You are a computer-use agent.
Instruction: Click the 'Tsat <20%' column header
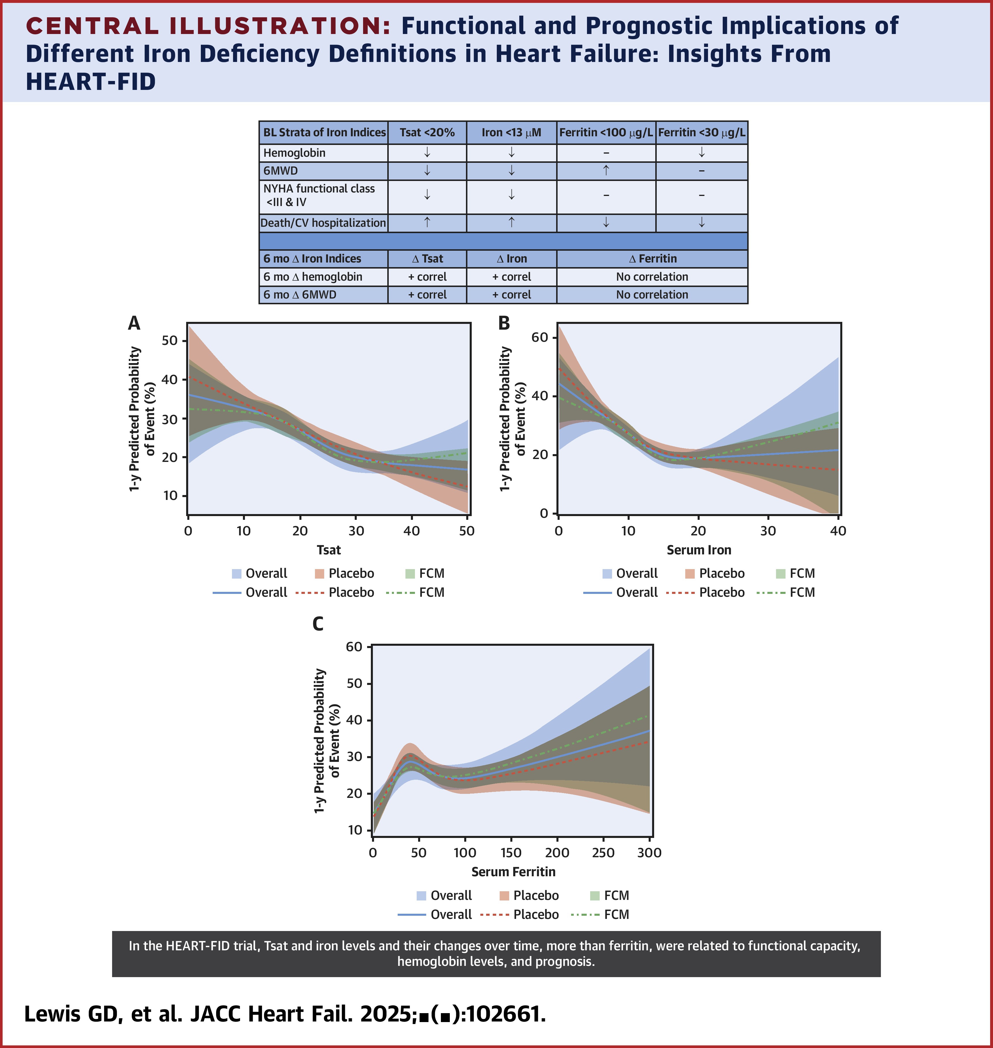pos(427,132)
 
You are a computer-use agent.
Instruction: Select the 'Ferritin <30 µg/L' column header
pos(701,132)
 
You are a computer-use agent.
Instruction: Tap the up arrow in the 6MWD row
pos(606,170)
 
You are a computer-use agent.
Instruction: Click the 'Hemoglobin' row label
pos(294,153)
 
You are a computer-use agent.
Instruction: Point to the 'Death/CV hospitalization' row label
pos(323,223)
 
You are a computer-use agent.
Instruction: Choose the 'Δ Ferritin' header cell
pos(652,259)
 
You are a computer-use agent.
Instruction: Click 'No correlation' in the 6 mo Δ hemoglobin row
pos(652,277)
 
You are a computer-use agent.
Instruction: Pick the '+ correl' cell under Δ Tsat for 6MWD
pos(427,295)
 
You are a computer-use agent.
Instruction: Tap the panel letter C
pos(318,624)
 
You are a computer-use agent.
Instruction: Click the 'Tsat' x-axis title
pos(329,550)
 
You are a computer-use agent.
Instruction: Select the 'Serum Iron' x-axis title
pos(699,550)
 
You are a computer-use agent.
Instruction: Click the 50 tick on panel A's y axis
pos(170,340)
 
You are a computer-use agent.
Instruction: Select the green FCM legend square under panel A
pos(410,574)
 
